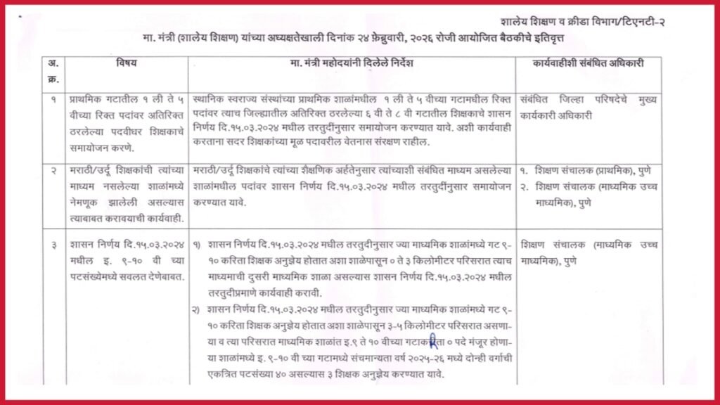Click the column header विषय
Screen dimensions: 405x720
click(127, 63)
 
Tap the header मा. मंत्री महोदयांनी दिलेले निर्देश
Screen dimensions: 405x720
click(352, 63)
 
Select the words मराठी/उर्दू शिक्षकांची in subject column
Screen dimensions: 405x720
click(105, 171)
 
